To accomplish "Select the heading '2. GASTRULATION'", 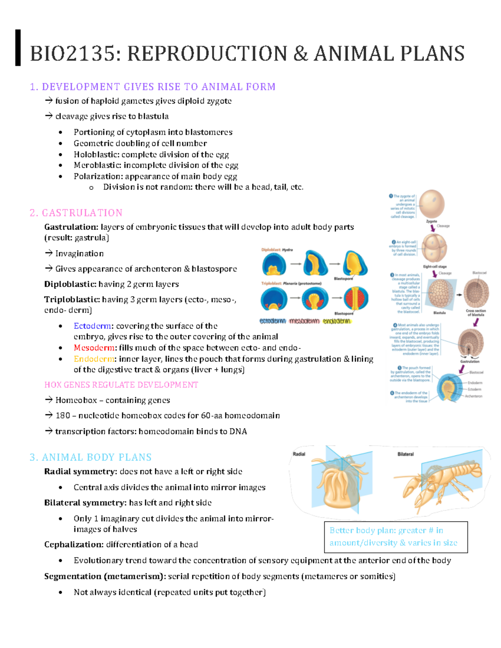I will (x=76, y=213).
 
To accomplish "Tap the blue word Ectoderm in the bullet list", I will (x=92, y=326).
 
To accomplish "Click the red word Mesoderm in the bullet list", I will (x=94, y=348).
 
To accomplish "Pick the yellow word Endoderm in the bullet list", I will (x=94, y=359).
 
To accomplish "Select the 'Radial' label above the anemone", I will (x=299, y=454).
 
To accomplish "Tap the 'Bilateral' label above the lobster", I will (x=405, y=454).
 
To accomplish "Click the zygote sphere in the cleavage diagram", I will (x=432, y=204).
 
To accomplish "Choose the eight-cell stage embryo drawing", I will (x=434, y=248).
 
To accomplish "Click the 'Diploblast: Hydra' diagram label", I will (x=277, y=250).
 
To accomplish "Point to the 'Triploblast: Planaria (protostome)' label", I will (x=291, y=283).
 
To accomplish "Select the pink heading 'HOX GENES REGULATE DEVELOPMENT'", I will (x=121, y=385).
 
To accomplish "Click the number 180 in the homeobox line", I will (x=63, y=416).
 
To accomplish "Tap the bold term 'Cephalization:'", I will (x=74, y=545).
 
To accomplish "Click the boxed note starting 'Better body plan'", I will (x=395, y=537).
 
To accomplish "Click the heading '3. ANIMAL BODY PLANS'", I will (x=91, y=457).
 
